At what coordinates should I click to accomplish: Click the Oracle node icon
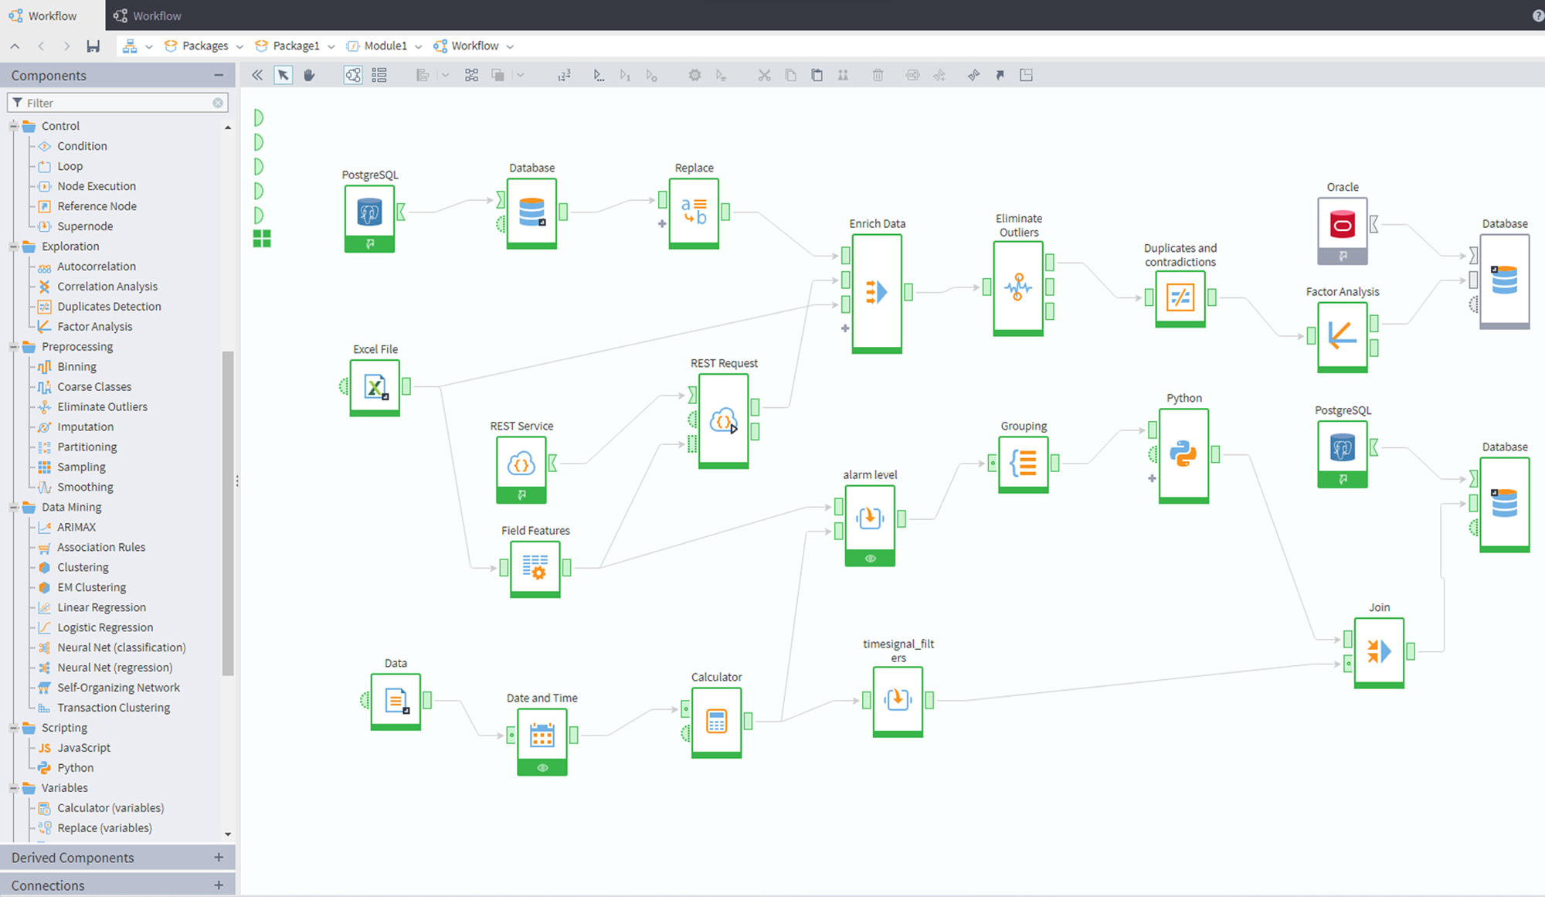pos(1342,225)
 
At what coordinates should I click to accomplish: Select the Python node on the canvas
pos(1183,454)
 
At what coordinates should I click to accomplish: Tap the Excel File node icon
pos(375,386)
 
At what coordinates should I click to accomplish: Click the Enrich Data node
pos(876,292)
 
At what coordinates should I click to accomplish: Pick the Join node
pos(1378,651)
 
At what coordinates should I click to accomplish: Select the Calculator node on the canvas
pos(716,721)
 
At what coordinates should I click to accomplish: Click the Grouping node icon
pos(1024,463)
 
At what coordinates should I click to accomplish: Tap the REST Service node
pos(521,464)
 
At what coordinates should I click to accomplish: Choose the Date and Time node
pos(542,736)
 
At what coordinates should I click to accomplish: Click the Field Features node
pos(535,567)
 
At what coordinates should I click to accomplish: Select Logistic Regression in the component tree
pos(105,627)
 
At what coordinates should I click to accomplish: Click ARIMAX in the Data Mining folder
pos(76,527)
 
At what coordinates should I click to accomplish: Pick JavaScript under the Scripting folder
pos(83,748)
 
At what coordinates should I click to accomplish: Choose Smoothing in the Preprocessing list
pos(85,487)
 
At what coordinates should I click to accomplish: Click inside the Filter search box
pos(116,103)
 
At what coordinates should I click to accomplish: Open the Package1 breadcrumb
pos(295,46)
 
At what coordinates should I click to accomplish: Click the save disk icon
pos(93,46)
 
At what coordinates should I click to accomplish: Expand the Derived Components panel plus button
pos(219,858)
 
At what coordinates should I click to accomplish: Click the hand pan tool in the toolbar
pos(309,75)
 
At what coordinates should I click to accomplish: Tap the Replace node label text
pos(694,168)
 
